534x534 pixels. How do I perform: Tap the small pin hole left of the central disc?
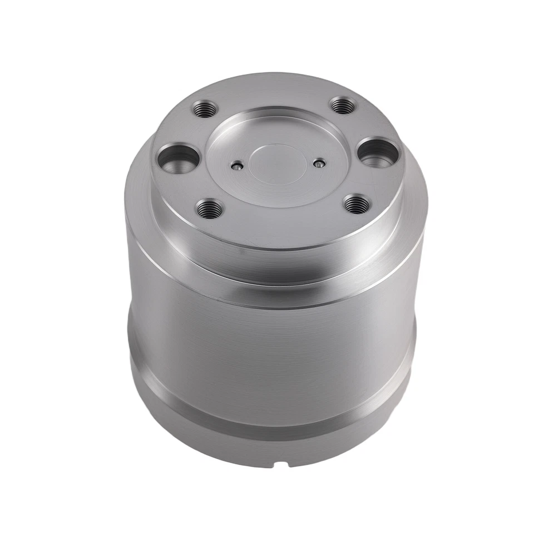click(237, 166)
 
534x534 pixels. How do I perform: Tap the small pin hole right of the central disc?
click(318, 164)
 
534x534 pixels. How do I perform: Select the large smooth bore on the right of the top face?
click(377, 151)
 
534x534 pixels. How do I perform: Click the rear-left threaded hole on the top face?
click(204, 108)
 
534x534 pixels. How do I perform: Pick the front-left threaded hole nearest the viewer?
click(210, 209)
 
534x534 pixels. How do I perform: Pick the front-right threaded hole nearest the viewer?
click(356, 204)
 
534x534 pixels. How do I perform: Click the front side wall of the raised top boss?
click(273, 245)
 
